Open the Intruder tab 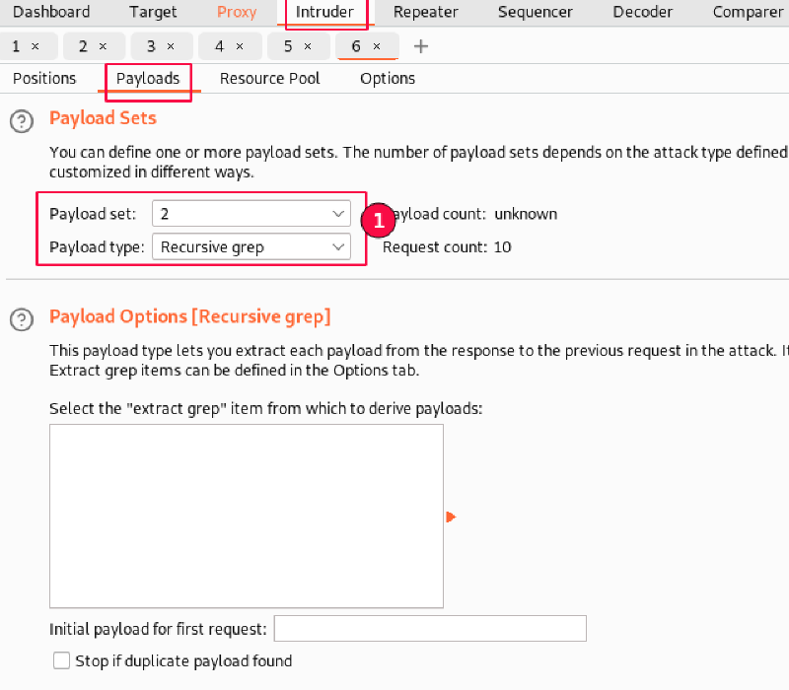coord(324,12)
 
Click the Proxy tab coord(237,12)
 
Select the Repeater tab coord(426,12)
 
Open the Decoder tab coord(643,12)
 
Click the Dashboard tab coord(51,12)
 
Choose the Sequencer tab coord(536,12)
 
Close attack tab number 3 coord(171,46)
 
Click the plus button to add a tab coord(421,46)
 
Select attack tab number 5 coord(288,46)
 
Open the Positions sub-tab coord(44,79)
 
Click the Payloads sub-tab coord(148,79)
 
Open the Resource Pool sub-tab coord(269,79)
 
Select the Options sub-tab coord(388,79)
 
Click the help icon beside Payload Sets coord(22,121)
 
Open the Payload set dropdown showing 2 coord(251,214)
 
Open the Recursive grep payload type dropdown coord(251,247)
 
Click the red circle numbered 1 coord(378,220)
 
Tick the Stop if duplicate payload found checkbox coord(61,660)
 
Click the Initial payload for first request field coord(430,629)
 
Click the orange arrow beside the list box coord(451,517)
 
